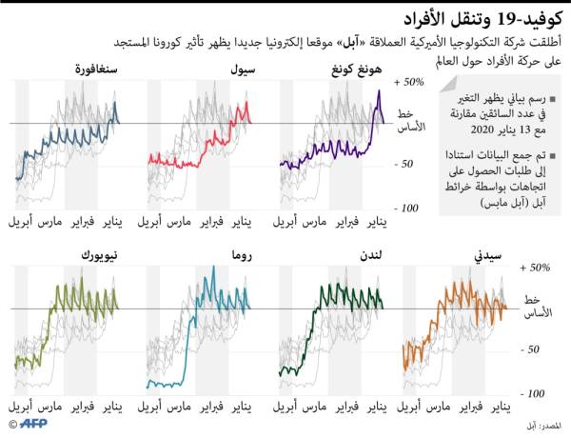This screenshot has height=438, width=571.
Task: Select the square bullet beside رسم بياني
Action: point(551,99)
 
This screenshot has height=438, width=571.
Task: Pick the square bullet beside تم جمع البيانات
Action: point(551,154)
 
